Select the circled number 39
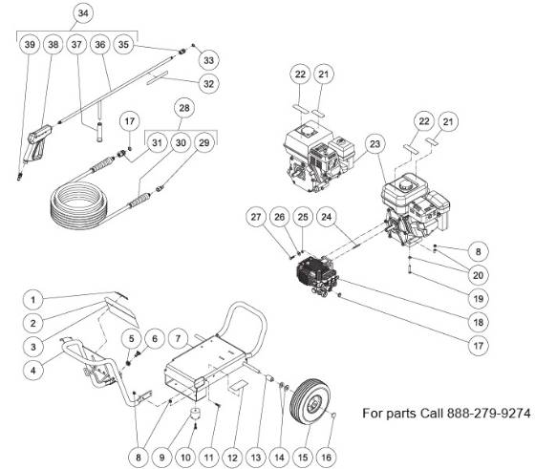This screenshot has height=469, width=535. click(x=30, y=45)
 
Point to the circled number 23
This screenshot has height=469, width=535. click(x=374, y=144)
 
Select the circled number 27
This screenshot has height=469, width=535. click(x=257, y=218)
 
